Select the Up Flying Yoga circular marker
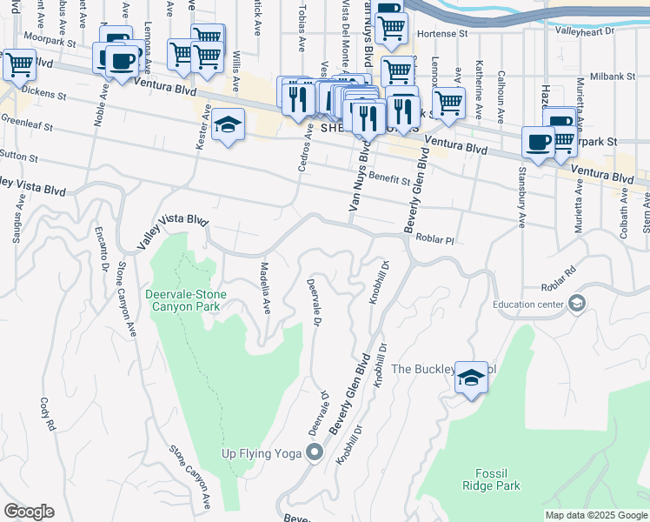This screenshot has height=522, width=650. (x=315, y=452)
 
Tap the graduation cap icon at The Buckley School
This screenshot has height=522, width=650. (x=471, y=377)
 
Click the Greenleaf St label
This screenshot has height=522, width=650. (x=26, y=126)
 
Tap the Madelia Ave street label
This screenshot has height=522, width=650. (x=266, y=288)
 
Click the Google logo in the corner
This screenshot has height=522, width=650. (x=29, y=512)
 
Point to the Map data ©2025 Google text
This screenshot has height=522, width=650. (x=596, y=515)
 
